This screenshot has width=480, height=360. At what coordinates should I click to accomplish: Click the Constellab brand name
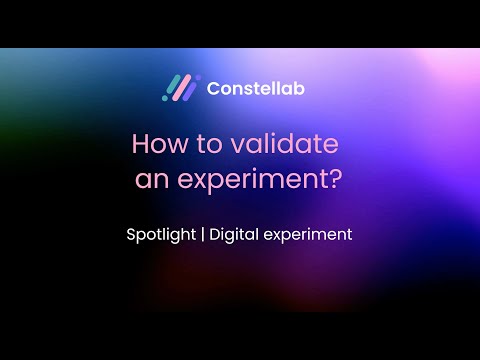(x=256, y=88)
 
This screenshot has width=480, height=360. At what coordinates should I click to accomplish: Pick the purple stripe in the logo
(x=191, y=87)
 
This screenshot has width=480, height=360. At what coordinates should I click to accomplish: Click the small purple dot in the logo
(x=196, y=77)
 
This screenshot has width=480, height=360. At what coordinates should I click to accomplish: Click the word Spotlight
(x=162, y=236)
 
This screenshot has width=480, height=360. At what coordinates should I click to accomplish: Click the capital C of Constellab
(x=213, y=88)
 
